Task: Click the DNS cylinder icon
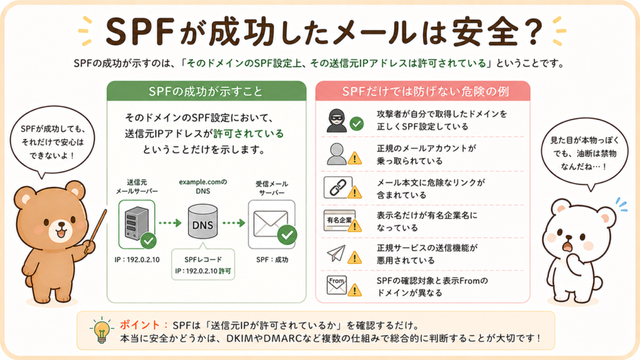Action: pos(203,222)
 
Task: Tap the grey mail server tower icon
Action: pos(137,223)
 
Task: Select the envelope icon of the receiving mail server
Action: pos(270,223)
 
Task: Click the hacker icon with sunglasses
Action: pos(336,121)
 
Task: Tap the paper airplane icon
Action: pos(336,253)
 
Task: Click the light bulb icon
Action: pos(101,331)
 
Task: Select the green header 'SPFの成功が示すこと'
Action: pos(206,91)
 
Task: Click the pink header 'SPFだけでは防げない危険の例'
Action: pos(423,91)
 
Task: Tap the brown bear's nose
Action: pos(61,225)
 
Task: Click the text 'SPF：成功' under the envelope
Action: pos(272,259)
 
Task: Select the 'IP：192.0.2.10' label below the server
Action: pos(137,259)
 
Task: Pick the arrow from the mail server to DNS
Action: pos(170,223)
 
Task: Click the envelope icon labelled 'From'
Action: pos(337,285)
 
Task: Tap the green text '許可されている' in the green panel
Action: pos(249,134)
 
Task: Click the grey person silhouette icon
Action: pos(337,154)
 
